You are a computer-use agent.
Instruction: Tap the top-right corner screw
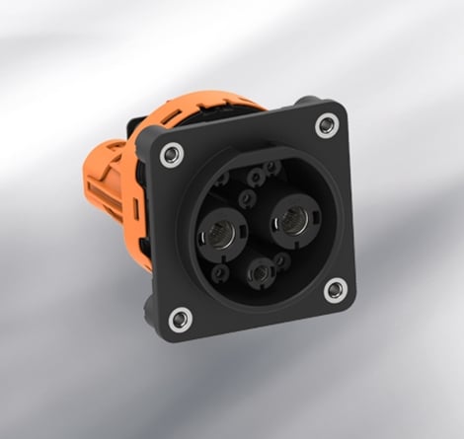(326, 125)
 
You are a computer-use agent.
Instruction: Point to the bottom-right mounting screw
(336, 289)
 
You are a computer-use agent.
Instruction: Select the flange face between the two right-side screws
(336, 207)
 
